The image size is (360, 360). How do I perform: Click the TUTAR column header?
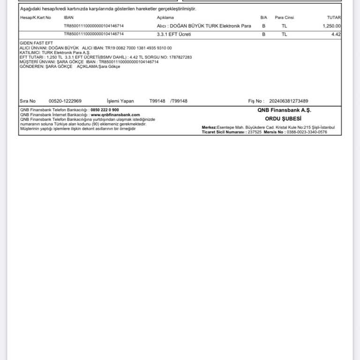tap(334, 17)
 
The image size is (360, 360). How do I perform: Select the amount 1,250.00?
tap(332, 26)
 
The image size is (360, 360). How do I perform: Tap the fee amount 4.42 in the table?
tap(336, 34)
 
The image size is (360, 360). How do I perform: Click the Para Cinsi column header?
tap(285, 17)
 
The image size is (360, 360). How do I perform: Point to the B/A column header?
tap(264, 17)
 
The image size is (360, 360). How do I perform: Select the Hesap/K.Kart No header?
tap(36, 17)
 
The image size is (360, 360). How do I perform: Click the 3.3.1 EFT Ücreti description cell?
tap(174, 34)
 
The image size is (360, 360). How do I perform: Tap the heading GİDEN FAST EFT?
tap(36, 43)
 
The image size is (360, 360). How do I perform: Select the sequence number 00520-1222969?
tap(65, 101)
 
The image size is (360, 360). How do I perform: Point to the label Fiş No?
tap(256, 101)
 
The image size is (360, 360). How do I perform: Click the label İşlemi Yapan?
tap(120, 101)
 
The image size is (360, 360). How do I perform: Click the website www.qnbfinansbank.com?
tap(115, 114)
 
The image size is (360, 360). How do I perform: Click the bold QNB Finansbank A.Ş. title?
tap(284, 110)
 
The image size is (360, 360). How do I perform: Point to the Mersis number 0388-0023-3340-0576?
tap(307, 132)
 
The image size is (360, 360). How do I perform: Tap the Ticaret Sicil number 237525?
tap(255, 132)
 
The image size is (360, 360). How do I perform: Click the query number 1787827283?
tap(180, 57)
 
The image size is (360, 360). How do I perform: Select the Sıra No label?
tap(28, 101)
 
